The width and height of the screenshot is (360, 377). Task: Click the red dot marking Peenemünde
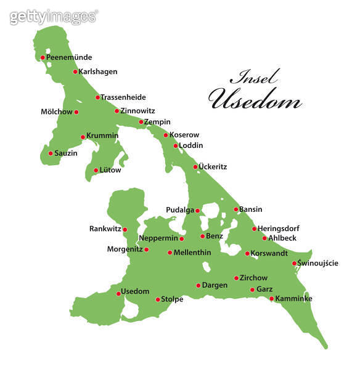click(43, 58)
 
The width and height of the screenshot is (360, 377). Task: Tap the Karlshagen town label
click(98, 72)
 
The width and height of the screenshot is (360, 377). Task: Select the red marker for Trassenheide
click(97, 97)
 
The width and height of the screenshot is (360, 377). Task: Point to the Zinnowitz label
click(137, 111)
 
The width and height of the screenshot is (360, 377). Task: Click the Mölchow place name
click(55, 112)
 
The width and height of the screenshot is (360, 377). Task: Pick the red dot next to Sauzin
click(51, 153)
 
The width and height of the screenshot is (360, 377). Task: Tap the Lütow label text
click(111, 170)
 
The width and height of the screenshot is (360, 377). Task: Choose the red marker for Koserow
click(166, 135)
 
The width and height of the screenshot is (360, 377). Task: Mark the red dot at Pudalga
click(197, 211)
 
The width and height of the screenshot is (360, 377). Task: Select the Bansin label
click(250, 209)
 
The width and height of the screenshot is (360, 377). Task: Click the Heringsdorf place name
click(278, 229)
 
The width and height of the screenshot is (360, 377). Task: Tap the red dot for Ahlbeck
click(264, 238)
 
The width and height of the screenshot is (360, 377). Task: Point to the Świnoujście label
click(317, 264)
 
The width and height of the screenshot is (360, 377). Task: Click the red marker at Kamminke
click(271, 299)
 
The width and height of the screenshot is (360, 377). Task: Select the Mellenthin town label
click(192, 253)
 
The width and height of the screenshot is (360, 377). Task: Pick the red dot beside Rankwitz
click(125, 230)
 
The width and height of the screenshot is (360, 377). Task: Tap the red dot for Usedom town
click(118, 293)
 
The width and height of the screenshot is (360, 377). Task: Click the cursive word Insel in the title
click(254, 78)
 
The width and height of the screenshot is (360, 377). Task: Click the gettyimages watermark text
click(54, 17)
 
